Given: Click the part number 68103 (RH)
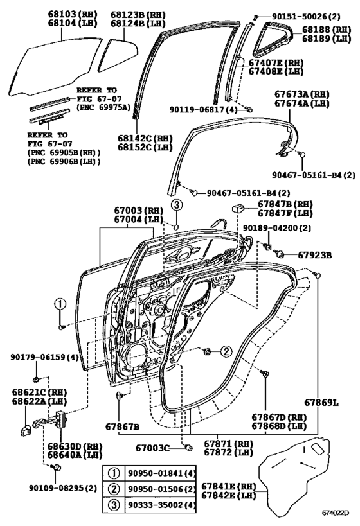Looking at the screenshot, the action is click(x=72, y=14).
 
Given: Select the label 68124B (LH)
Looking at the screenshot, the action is click(x=138, y=24).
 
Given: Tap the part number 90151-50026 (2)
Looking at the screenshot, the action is click(x=301, y=16).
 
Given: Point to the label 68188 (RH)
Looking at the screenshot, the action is click(x=327, y=30).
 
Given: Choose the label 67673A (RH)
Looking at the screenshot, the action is click(x=302, y=94).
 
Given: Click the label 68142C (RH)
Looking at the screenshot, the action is click(x=145, y=138).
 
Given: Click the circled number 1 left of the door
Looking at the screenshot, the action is click(x=60, y=304).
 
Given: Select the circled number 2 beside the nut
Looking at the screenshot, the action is click(x=226, y=351).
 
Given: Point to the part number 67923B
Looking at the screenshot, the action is click(x=315, y=255).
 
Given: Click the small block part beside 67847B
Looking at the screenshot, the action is click(x=238, y=209).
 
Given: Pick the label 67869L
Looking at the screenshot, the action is click(x=321, y=402).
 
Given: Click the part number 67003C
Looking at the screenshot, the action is click(x=152, y=448).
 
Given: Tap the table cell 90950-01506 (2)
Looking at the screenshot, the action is click(x=161, y=489).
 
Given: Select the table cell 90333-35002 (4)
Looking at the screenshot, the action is click(x=161, y=505).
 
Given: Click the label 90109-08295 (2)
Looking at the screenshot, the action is click(x=63, y=487).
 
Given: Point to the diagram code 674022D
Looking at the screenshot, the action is click(x=336, y=513).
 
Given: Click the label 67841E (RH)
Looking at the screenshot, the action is click(x=229, y=486).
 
